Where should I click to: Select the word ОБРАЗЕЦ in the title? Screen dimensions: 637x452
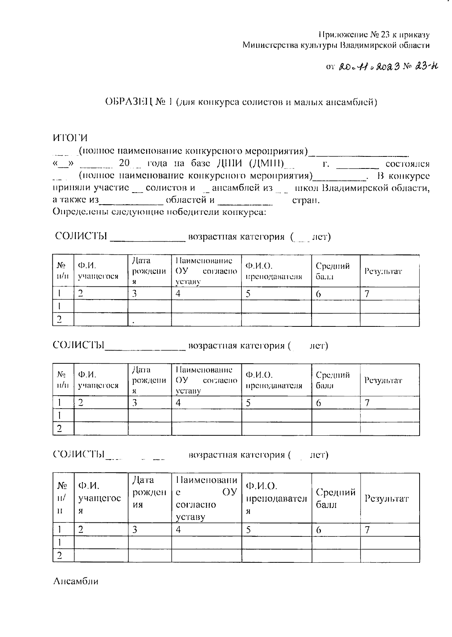[128, 102]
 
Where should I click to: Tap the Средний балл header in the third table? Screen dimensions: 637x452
[336, 498]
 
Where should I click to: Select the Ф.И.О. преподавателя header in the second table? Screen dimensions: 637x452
[274, 380]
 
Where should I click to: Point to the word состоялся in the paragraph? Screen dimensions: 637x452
[407, 164]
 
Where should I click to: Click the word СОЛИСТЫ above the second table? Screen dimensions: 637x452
[78, 345]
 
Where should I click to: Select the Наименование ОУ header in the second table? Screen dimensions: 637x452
[206, 380]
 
